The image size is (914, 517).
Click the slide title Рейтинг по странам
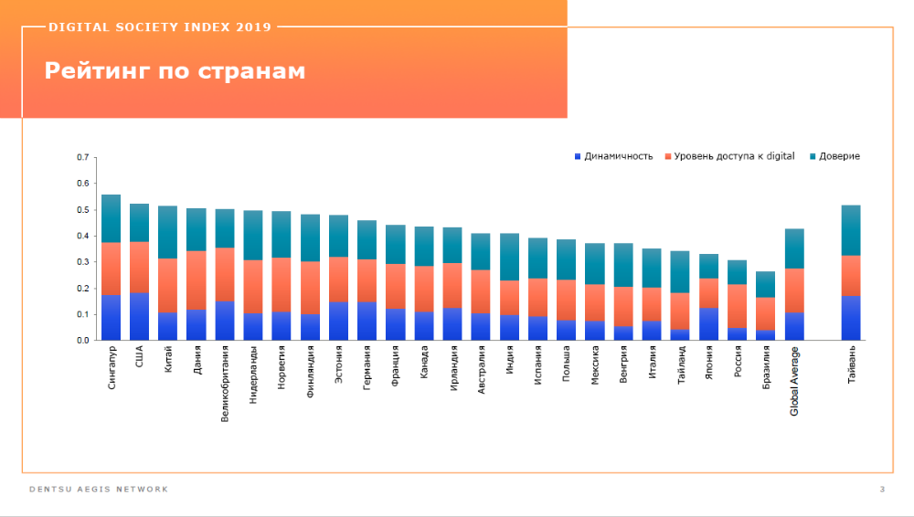click(175, 71)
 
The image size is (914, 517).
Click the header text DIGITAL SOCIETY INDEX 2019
click(159, 26)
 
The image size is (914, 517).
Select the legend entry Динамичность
click(618, 156)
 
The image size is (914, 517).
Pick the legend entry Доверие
click(839, 156)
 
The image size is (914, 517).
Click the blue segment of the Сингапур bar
click(111, 317)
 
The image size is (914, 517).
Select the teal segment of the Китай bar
click(167, 232)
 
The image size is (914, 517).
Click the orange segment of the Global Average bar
click(794, 290)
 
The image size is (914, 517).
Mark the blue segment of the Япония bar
click(708, 324)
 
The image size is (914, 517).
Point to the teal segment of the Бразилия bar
click(765, 284)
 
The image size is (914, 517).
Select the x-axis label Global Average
click(794, 381)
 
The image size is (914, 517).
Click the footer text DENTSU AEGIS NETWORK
click(99, 490)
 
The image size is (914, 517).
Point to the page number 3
click(882, 491)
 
